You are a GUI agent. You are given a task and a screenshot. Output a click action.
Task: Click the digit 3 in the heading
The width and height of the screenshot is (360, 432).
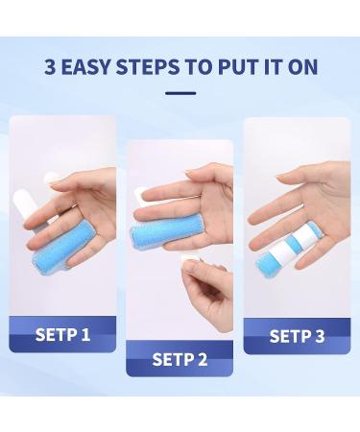tap(50, 67)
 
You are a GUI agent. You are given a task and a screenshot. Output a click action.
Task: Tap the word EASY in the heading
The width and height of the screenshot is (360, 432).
tap(85, 67)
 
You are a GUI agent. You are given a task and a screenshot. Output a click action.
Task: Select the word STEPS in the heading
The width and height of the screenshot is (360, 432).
tap(148, 67)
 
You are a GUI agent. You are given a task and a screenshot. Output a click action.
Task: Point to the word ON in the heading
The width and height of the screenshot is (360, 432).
tap(302, 67)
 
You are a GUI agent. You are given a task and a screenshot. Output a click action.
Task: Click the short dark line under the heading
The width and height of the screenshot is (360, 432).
tap(180, 93)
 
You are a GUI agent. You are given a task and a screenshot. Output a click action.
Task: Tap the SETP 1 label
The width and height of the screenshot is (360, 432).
tap(62, 334)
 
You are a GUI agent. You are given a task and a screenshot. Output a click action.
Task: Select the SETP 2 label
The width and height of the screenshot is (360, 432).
tap(180, 359)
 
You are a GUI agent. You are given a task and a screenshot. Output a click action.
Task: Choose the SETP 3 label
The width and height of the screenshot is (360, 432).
tap(297, 336)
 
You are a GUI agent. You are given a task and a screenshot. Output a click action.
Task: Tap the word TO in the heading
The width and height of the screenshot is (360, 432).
tap(199, 67)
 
